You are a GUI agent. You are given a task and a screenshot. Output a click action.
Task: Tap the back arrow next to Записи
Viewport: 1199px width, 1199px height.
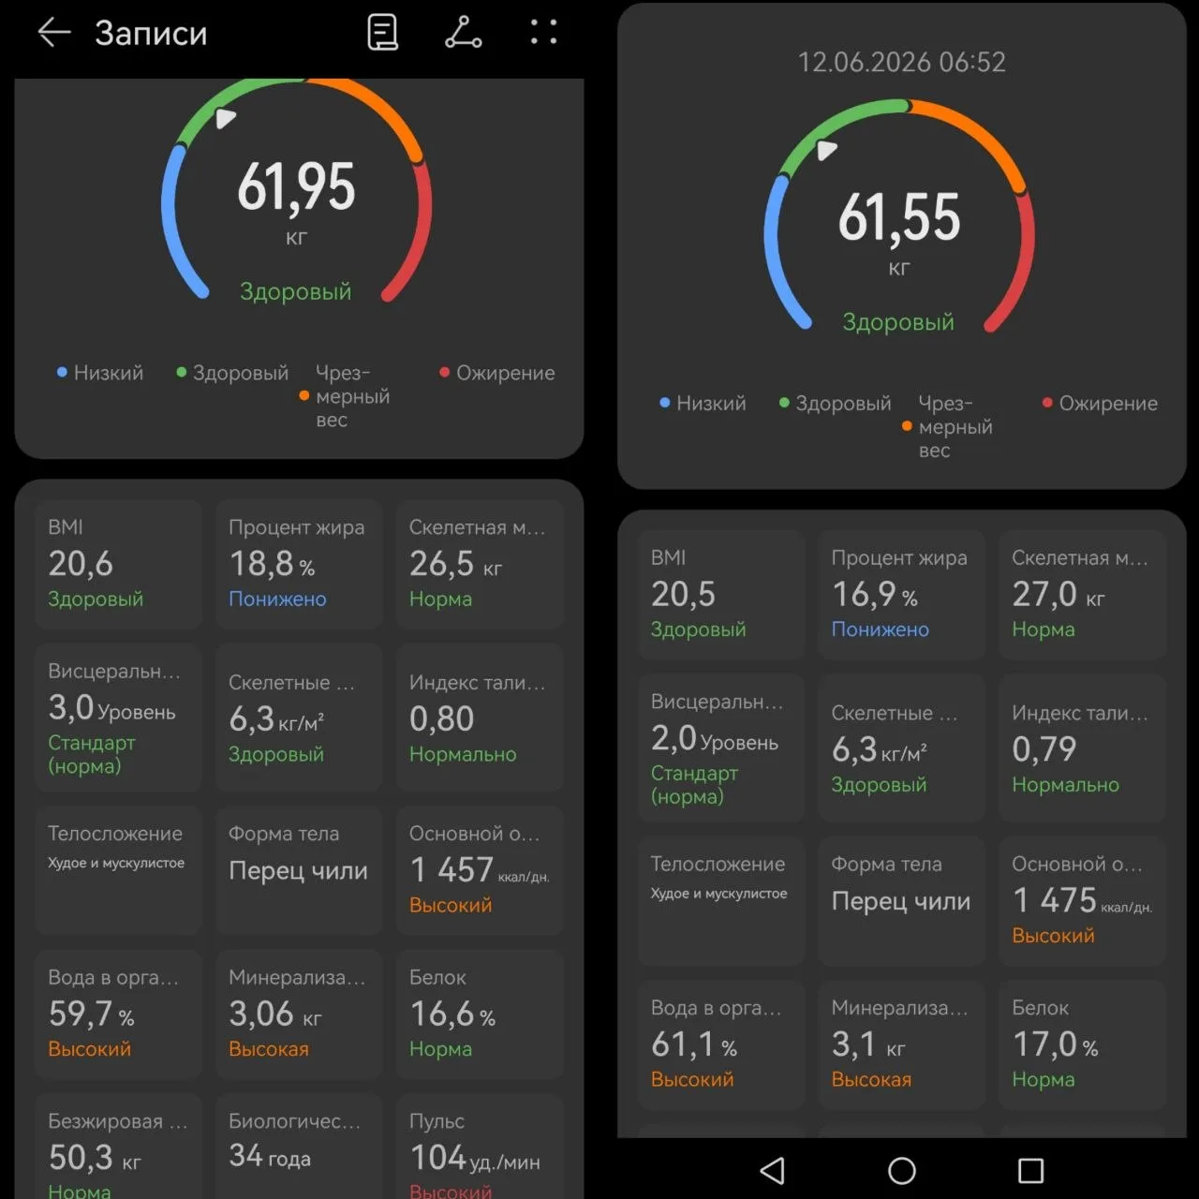click(54, 33)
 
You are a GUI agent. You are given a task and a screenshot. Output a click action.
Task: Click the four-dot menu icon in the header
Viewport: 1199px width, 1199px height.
click(543, 32)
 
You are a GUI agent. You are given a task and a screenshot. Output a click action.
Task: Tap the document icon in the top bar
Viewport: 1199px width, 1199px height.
click(383, 32)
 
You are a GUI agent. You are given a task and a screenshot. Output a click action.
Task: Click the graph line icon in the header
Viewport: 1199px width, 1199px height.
click(464, 33)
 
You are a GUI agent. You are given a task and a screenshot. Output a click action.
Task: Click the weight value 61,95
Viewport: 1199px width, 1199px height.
click(296, 187)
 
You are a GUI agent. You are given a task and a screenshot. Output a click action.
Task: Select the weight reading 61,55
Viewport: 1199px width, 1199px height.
click(899, 217)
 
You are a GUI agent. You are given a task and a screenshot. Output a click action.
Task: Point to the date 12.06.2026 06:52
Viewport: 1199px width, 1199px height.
click(901, 62)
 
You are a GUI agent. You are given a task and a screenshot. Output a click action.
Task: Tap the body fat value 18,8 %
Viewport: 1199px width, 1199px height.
click(272, 564)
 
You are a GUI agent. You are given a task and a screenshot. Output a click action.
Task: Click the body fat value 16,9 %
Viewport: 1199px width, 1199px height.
click(874, 594)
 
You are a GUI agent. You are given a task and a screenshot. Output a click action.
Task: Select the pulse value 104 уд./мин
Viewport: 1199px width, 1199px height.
click(475, 1158)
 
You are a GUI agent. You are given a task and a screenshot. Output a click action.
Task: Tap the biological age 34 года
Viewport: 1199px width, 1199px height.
click(270, 1156)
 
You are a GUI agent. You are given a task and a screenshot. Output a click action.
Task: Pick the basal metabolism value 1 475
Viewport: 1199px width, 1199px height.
click(1054, 900)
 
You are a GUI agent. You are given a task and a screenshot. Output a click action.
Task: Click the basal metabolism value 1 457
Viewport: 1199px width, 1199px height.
click(451, 870)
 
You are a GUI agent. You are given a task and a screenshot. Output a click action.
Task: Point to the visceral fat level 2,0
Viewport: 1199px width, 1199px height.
click(674, 738)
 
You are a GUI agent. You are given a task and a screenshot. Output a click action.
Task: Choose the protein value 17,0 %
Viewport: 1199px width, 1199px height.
click(1055, 1044)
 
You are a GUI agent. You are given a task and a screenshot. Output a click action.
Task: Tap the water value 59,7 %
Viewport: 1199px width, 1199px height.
click(91, 1014)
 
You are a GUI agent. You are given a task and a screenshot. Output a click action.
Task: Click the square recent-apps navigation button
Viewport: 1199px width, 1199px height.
click(1030, 1171)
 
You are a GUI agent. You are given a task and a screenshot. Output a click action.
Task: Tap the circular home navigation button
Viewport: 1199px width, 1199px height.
click(901, 1171)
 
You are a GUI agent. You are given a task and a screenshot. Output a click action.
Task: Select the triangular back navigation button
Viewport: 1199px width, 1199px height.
click(773, 1171)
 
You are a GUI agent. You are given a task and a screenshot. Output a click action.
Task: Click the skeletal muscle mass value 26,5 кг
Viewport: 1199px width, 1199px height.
click(455, 564)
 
